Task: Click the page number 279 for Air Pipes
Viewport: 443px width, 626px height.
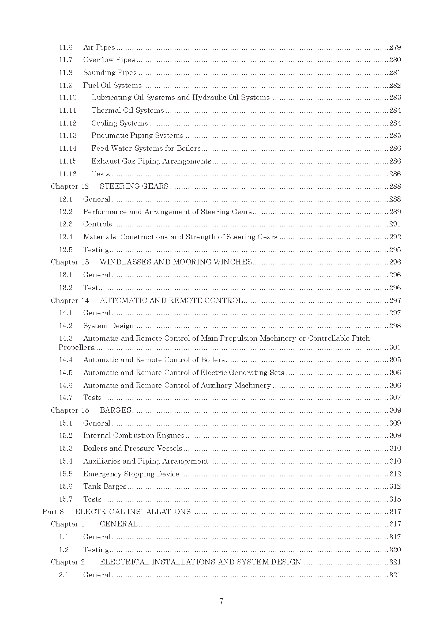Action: point(395,47)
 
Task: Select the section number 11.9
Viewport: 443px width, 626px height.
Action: point(66,86)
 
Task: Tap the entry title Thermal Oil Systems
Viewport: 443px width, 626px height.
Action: point(128,111)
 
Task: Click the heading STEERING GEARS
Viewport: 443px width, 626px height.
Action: point(134,186)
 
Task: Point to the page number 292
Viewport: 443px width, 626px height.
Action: point(395,237)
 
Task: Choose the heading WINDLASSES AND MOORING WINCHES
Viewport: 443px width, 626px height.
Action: point(176,262)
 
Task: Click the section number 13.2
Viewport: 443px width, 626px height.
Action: point(66,288)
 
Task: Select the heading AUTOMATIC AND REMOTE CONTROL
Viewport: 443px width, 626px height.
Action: point(171,301)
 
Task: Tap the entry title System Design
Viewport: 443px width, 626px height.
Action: point(108,326)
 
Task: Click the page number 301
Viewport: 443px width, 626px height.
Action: point(395,348)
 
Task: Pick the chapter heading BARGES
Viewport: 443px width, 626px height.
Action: point(115,410)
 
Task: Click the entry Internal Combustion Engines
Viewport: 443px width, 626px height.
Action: point(134,436)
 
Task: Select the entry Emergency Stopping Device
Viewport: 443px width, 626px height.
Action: point(131,474)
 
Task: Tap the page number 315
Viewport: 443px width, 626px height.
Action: point(395,499)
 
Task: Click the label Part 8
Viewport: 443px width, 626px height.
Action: point(53,512)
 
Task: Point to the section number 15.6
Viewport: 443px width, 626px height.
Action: point(66,486)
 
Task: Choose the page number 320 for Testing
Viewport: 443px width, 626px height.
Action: point(395,550)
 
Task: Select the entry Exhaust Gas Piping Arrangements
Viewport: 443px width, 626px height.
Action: point(151,161)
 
